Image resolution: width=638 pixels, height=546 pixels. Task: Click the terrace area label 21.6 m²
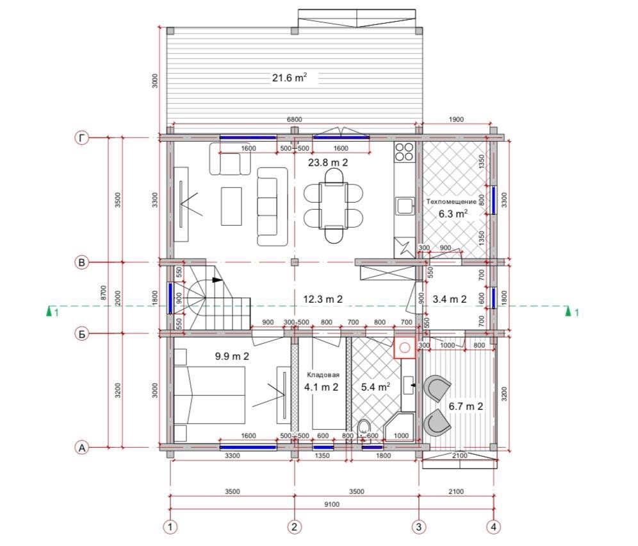[x=290, y=77]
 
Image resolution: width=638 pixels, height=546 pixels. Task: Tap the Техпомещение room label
[x=451, y=201]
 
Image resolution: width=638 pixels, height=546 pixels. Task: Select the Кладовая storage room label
[x=323, y=375]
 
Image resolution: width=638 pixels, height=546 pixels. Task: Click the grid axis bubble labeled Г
[x=82, y=139]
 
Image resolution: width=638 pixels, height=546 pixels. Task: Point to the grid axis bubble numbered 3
[x=419, y=527]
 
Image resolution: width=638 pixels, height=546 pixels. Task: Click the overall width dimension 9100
[x=332, y=504]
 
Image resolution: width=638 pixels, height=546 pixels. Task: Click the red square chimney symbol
[x=404, y=348]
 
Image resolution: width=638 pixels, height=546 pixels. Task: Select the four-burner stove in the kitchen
[x=404, y=151]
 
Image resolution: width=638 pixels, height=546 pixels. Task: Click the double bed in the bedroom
[x=209, y=395]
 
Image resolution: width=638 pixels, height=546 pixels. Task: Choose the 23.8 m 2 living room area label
[x=328, y=162]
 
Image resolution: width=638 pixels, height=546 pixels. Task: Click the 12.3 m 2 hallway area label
[x=323, y=299]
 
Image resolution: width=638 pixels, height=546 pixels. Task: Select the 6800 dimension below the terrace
[x=295, y=119]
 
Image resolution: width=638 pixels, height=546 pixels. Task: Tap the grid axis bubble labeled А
[x=82, y=448]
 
